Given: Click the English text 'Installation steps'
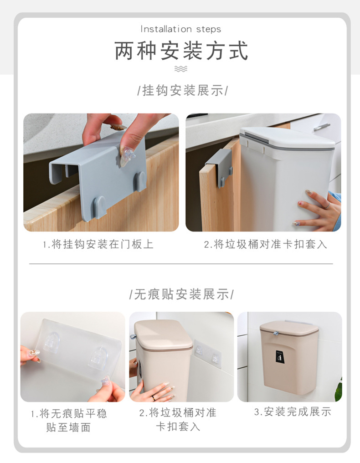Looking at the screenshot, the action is pyautogui.click(x=180, y=29).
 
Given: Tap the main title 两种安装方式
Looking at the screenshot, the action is pyautogui.click(x=181, y=51).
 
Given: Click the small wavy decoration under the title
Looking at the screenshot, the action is pyautogui.click(x=181, y=69).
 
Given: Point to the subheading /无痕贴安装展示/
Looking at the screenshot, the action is pyautogui.click(x=181, y=294).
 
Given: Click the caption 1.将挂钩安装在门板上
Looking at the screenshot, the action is pyautogui.click(x=98, y=244).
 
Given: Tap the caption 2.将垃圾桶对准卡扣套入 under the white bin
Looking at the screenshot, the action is pyautogui.click(x=265, y=244).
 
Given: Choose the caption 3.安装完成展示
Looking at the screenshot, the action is pyautogui.click(x=293, y=412).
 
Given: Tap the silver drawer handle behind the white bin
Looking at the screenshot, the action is pyautogui.click(x=322, y=127).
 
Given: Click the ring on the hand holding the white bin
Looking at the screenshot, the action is pyautogui.click(x=327, y=206).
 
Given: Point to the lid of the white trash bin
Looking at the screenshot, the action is pyautogui.click(x=287, y=137).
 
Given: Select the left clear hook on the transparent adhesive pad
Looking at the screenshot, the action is pyautogui.click(x=51, y=341).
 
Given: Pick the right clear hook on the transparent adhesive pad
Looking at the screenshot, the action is pyautogui.click(x=98, y=358).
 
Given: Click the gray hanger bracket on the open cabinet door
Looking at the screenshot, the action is pyautogui.click(x=220, y=167).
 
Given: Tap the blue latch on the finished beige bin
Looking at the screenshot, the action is pyautogui.click(x=276, y=333).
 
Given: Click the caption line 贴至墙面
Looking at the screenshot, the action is pyautogui.click(x=68, y=427).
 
